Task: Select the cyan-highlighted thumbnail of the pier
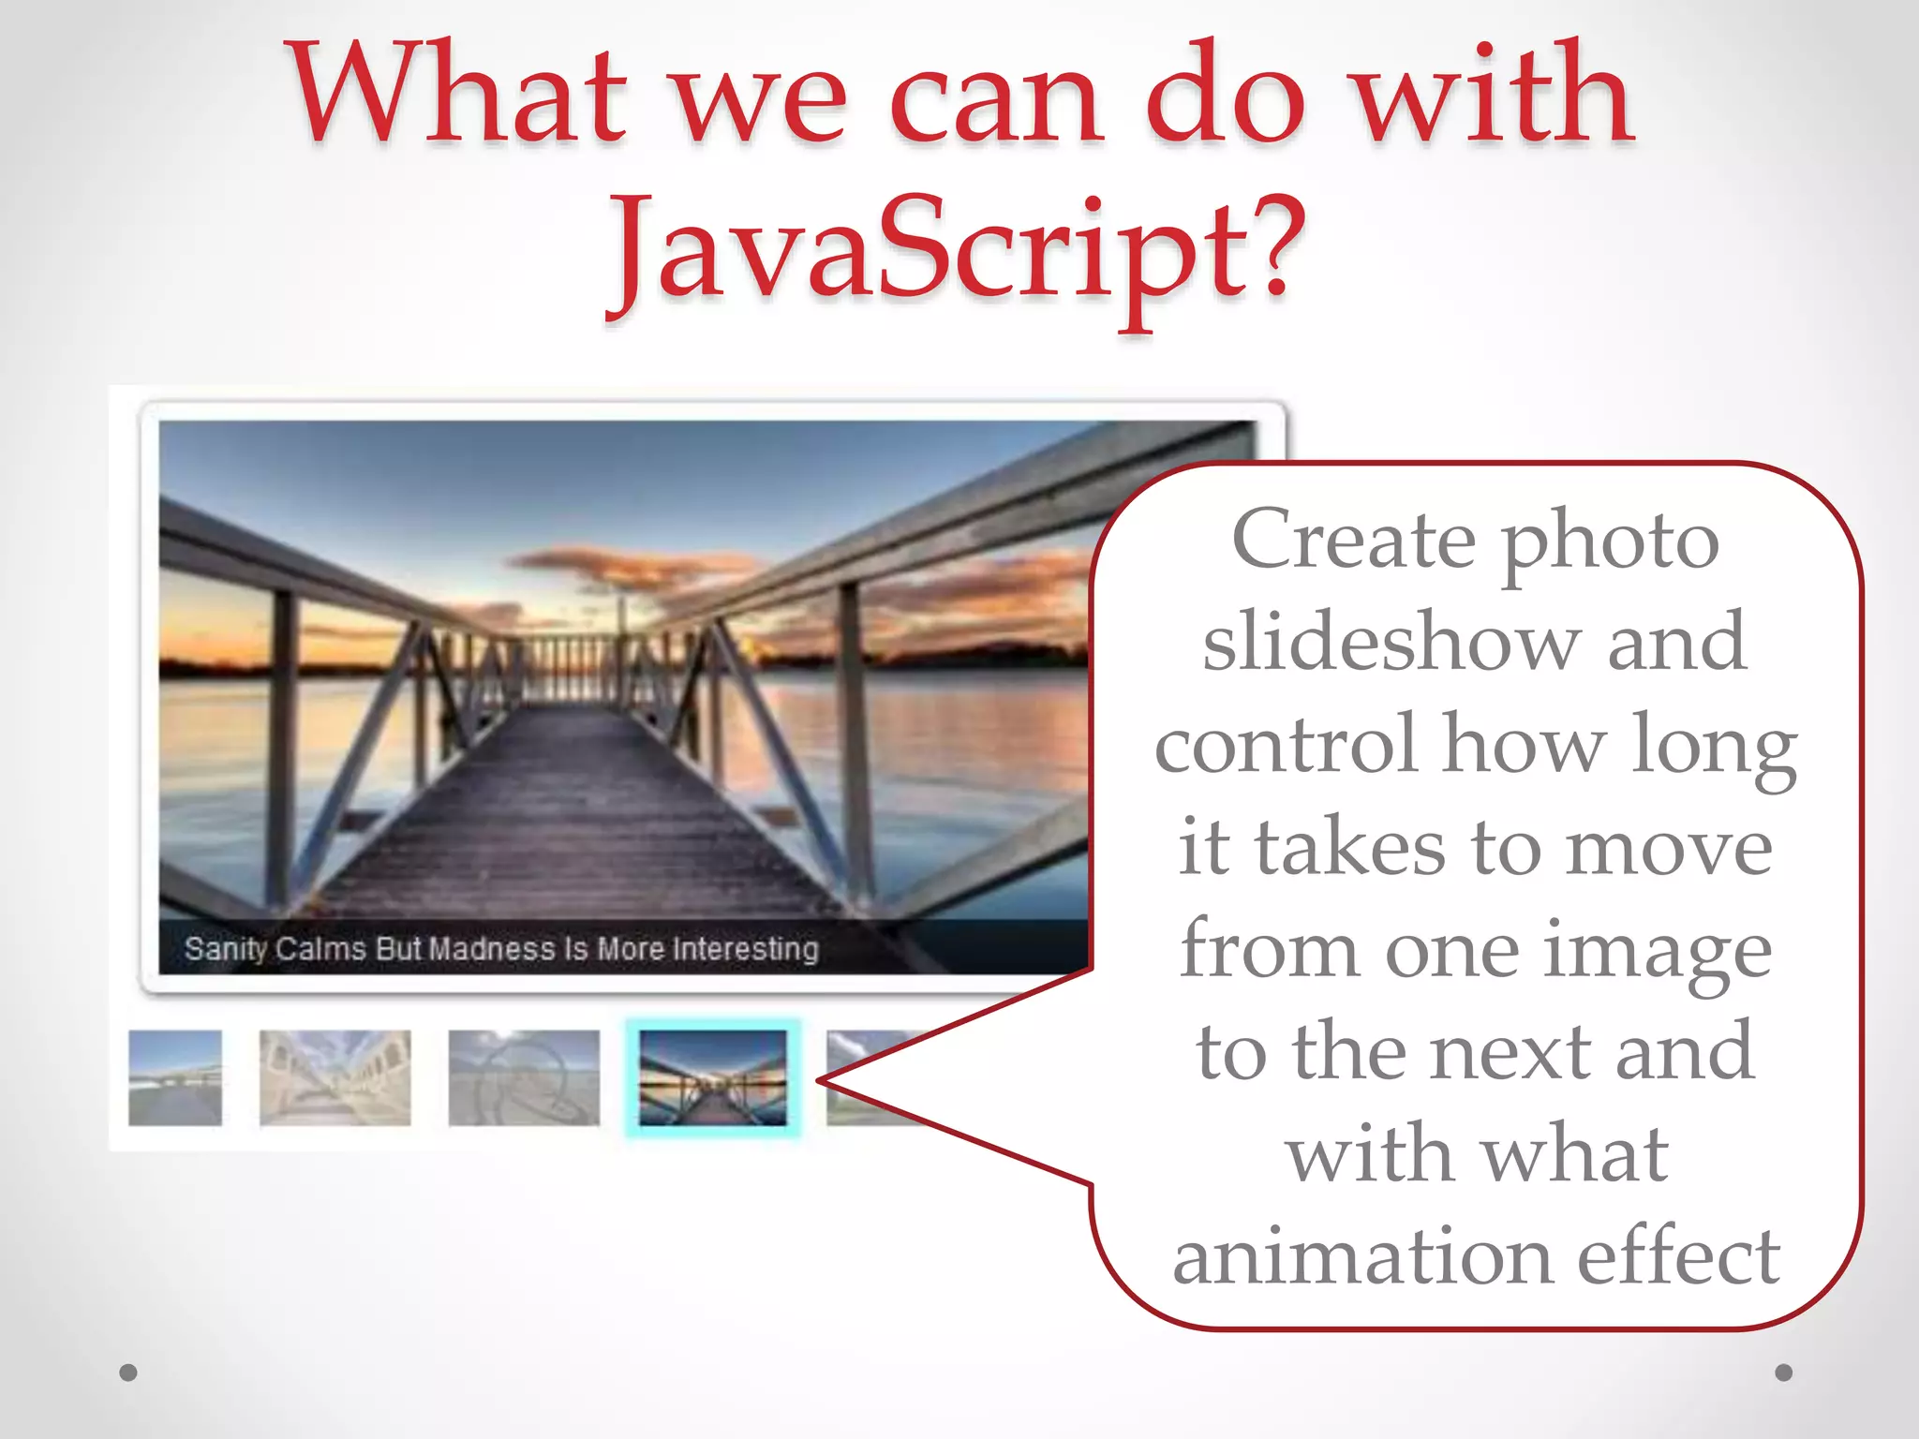pos(713,1077)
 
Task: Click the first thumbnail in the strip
pos(175,1077)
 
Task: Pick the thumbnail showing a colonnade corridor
pos(335,1077)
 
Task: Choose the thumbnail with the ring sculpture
pos(524,1077)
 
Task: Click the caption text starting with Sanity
pos(501,949)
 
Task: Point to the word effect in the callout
pos(1678,1257)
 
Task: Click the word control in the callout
pos(1286,745)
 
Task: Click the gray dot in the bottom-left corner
pos(128,1372)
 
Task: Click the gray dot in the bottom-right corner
pos(1784,1372)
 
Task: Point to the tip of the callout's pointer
pos(821,1081)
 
